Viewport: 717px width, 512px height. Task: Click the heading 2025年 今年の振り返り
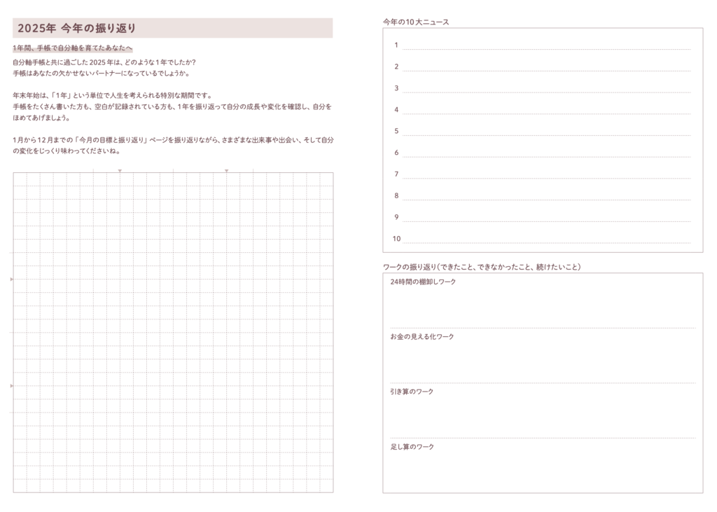tap(77, 28)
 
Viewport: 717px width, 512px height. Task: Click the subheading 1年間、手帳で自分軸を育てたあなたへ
tap(73, 48)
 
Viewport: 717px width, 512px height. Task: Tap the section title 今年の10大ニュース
tap(416, 22)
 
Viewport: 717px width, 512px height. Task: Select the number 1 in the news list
tap(396, 46)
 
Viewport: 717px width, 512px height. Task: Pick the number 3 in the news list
tap(396, 88)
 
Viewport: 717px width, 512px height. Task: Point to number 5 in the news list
tap(396, 131)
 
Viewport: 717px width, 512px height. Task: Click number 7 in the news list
tap(396, 174)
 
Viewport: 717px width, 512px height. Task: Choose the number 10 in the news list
tap(396, 239)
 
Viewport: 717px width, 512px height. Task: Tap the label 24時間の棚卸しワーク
tap(423, 282)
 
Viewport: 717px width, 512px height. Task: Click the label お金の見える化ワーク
tap(422, 337)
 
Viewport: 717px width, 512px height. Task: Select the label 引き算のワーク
tap(412, 392)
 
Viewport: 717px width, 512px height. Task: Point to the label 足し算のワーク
tap(412, 447)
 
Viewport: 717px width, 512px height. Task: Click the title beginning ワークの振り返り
tap(482, 267)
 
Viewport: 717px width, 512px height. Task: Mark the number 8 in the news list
tap(396, 196)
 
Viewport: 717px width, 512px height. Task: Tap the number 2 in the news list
tap(396, 67)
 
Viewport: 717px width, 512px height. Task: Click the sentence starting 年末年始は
tap(112, 96)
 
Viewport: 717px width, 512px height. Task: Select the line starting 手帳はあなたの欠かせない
tap(101, 73)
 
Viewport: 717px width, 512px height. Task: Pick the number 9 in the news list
tap(396, 217)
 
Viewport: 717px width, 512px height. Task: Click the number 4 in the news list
tap(396, 110)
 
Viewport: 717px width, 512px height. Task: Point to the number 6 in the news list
tap(396, 153)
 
